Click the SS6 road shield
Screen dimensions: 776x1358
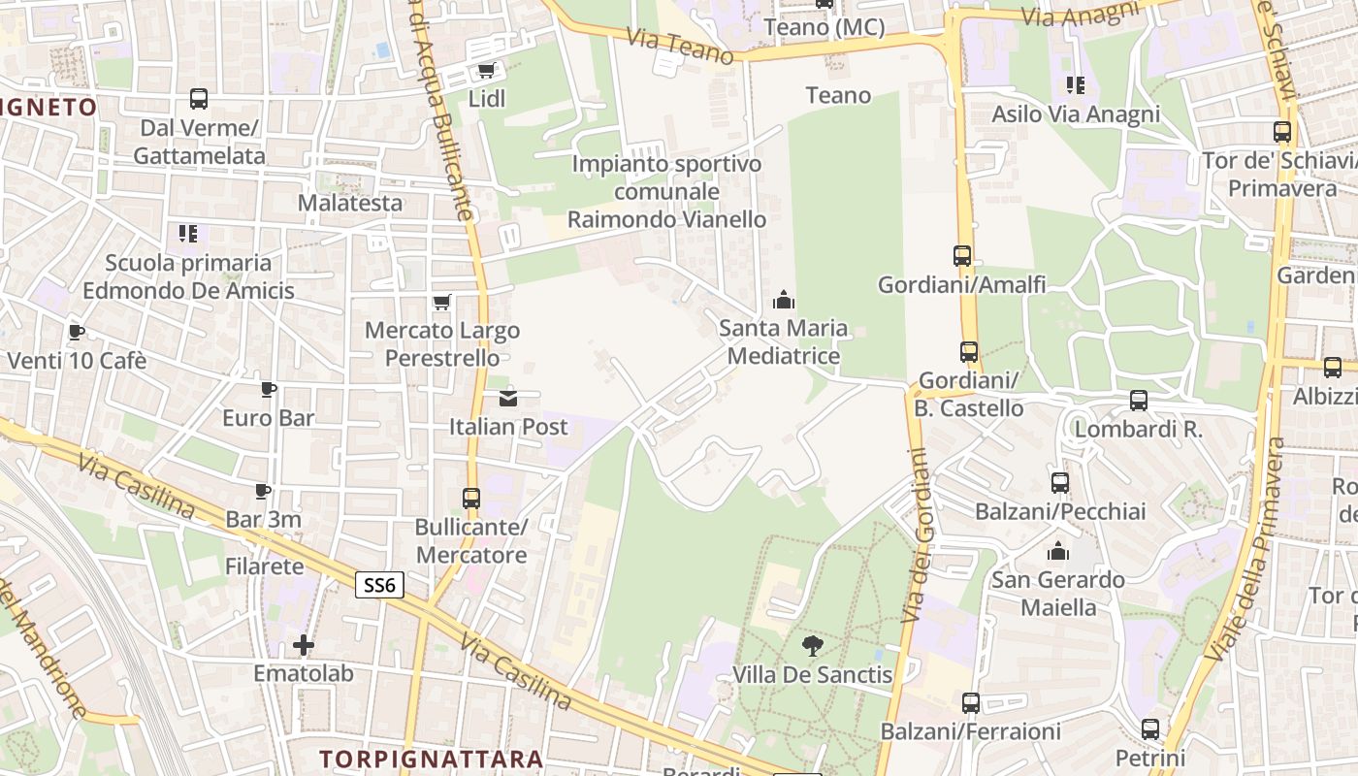[379, 585]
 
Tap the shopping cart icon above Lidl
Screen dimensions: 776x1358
[486, 70]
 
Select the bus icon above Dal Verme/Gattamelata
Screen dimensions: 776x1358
[199, 99]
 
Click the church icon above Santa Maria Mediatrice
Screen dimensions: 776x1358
[784, 300]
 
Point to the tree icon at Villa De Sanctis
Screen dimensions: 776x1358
[813, 645]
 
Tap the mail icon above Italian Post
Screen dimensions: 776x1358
[508, 398]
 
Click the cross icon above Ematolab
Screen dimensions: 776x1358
[304, 644]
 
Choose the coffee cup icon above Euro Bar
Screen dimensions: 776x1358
[269, 390]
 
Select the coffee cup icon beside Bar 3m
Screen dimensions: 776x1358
[263, 491]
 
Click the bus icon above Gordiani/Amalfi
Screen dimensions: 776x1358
[962, 256]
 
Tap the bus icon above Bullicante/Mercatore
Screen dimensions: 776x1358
[471, 499]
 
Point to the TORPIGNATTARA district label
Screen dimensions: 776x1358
[431, 758]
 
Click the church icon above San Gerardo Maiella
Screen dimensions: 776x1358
[1058, 551]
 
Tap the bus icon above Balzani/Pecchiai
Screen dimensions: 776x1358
[1060, 482]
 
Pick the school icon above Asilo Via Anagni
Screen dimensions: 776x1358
[1075, 85]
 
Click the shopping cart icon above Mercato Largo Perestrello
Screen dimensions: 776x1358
[442, 302]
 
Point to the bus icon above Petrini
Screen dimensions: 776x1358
[1150, 728]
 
